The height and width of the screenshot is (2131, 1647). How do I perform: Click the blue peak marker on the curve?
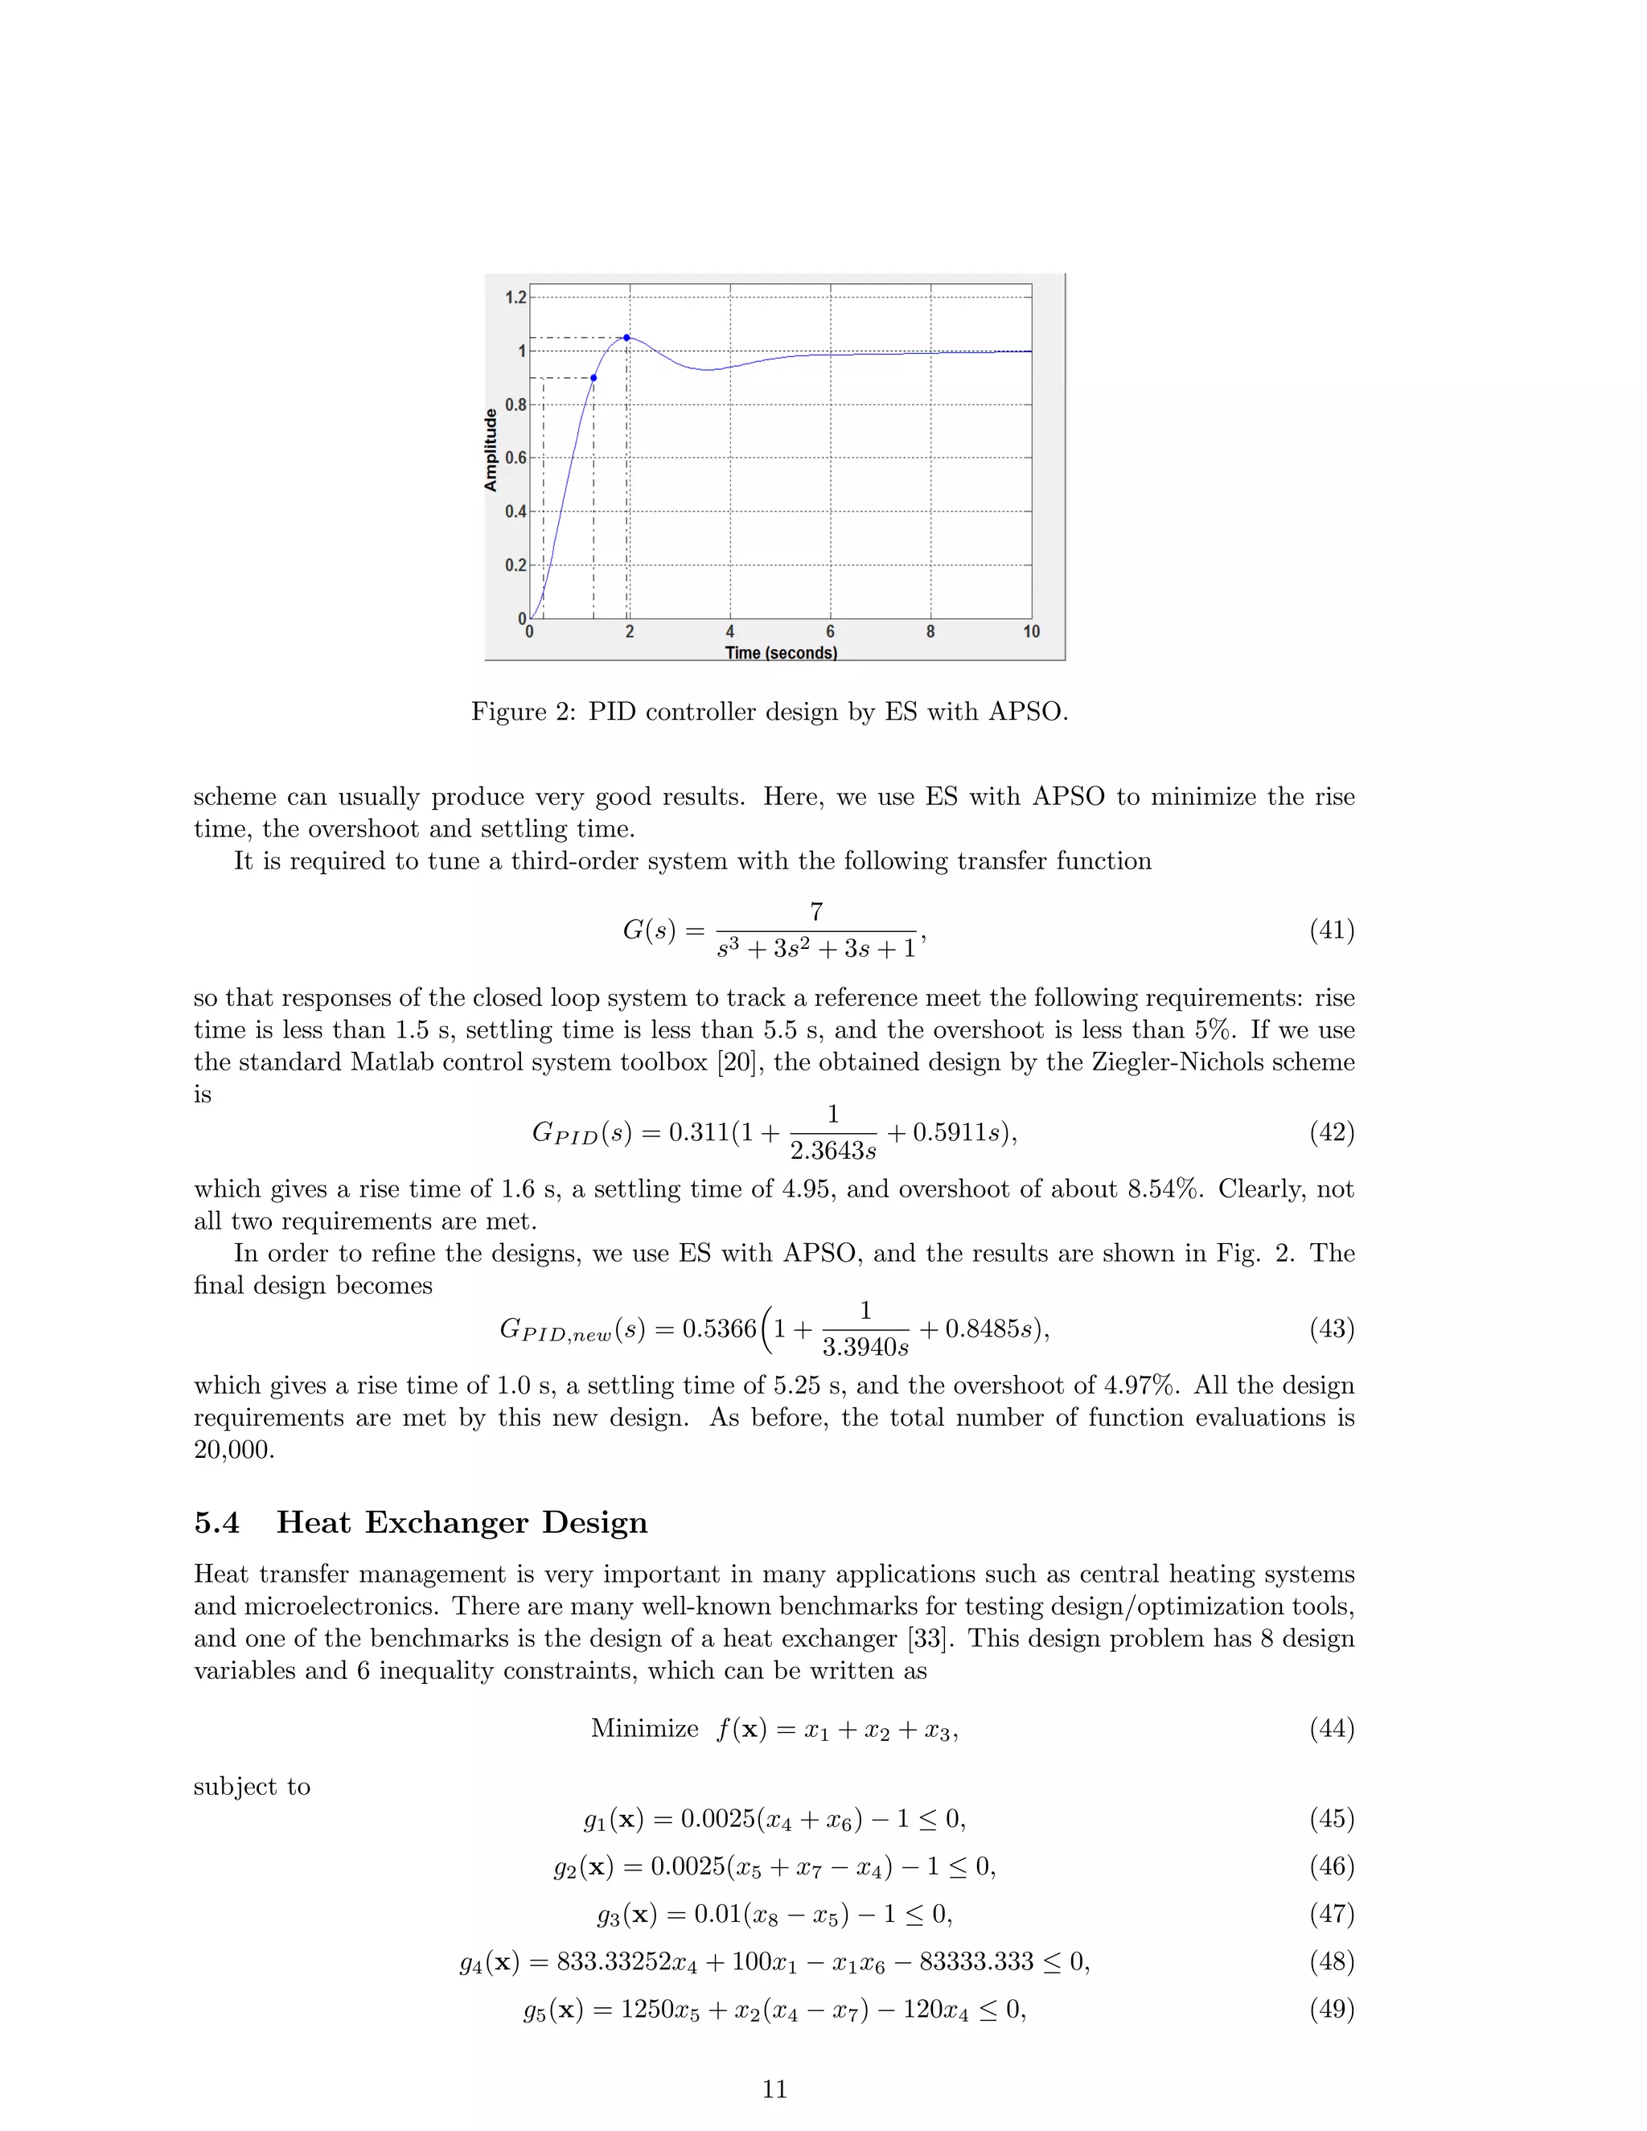[626, 338]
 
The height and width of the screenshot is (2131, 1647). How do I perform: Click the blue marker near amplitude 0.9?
[593, 378]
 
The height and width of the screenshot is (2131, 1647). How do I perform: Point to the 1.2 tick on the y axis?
[515, 298]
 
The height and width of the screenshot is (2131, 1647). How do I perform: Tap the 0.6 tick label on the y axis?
[515, 458]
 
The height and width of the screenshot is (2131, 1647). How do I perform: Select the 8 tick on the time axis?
[930, 632]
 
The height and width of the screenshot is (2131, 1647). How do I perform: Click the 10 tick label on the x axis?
[1031, 632]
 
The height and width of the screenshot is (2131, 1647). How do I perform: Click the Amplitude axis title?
[491, 450]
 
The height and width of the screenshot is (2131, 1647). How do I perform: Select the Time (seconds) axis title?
[781, 653]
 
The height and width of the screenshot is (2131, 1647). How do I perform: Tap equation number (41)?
[1332, 930]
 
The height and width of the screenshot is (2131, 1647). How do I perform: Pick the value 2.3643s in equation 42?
[832, 1152]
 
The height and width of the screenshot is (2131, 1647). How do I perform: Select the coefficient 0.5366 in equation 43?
[719, 1329]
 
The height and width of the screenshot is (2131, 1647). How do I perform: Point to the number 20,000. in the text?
[234, 1450]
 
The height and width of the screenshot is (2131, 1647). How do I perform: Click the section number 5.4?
[216, 1523]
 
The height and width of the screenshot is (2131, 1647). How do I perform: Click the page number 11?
[774, 2089]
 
